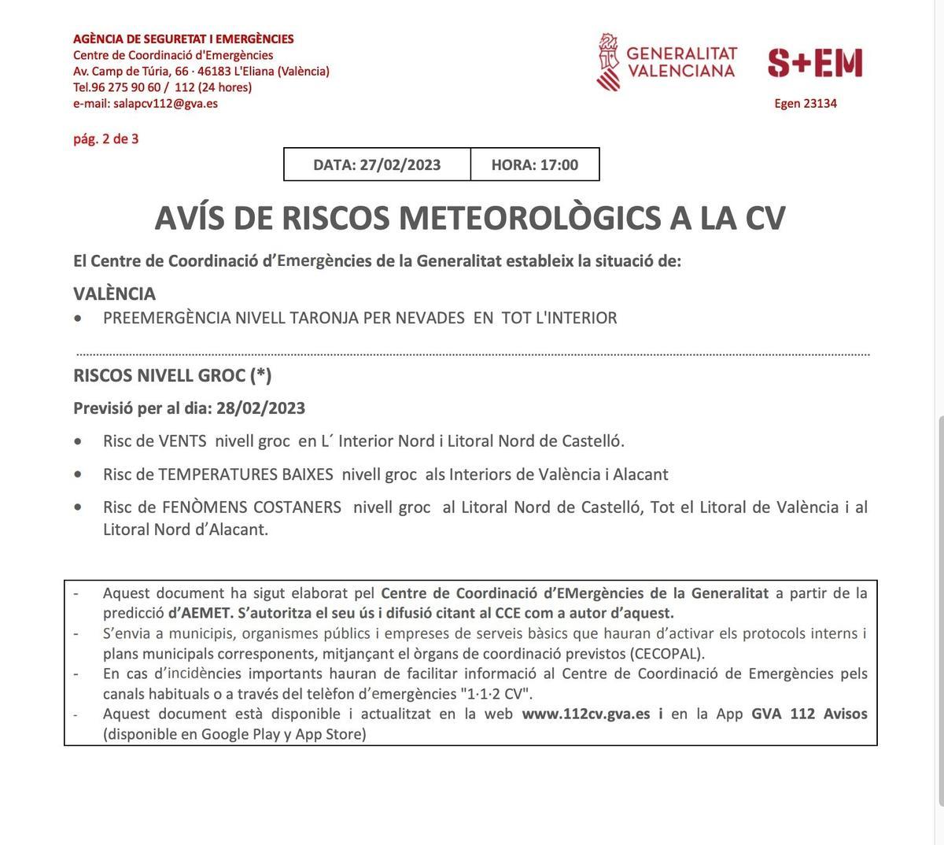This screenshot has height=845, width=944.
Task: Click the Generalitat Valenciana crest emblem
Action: pos(608,61)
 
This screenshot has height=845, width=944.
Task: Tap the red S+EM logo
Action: pos(815,63)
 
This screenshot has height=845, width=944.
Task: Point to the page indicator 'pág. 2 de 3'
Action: pos(105,139)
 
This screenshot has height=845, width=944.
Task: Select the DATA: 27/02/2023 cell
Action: pos(377,164)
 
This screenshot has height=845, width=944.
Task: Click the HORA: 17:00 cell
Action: pos(535,164)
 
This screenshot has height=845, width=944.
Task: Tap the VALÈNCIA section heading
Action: pos(114,293)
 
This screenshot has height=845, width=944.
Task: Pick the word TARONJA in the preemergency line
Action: pos(323,318)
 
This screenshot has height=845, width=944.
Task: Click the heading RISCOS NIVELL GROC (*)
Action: pos(172,375)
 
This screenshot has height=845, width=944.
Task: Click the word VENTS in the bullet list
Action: pos(183,441)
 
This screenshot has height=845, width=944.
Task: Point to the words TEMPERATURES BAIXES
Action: pos(245,474)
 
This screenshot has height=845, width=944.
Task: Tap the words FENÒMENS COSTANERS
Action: pos(249,507)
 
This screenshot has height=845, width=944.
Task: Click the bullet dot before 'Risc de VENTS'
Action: pos(77,442)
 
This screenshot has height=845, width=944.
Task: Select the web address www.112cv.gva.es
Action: pos(586,714)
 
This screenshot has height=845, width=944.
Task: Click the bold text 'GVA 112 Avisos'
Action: pos(809,714)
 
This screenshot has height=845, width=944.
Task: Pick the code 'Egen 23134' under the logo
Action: pos(806,103)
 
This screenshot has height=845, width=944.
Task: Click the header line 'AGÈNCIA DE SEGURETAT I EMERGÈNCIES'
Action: pos(183,39)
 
